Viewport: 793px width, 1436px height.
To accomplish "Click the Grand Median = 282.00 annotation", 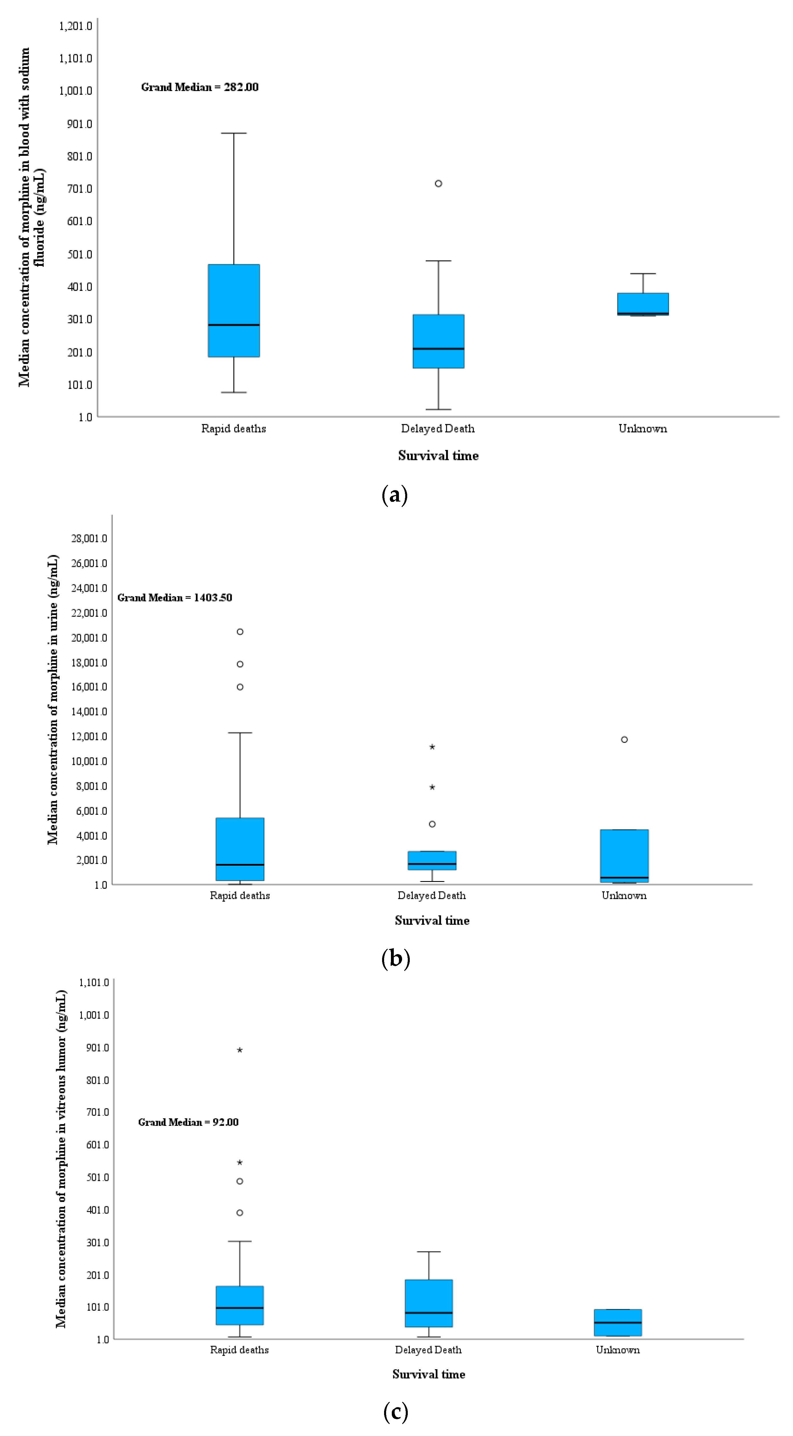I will (x=200, y=87).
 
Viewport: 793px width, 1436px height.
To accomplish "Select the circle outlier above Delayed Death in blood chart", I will (x=438, y=183).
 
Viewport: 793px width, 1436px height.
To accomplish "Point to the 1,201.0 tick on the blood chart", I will (x=76, y=26).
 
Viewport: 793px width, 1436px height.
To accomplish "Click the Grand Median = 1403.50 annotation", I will (x=175, y=597).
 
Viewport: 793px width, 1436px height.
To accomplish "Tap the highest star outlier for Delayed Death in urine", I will (x=432, y=747).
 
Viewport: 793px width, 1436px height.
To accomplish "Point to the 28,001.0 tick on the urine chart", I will (x=89, y=538).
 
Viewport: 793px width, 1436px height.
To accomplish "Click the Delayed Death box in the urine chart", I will (x=432, y=860).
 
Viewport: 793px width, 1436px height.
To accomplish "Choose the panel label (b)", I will (x=396, y=958).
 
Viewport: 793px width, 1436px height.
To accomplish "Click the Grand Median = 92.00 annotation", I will (x=189, y=1122).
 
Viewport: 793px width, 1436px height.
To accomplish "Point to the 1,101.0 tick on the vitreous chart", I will (x=94, y=982).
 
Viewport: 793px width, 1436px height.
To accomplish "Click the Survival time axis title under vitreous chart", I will (x=428, y=1374).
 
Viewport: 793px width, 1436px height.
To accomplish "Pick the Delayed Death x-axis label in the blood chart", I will (x=438, y=429).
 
